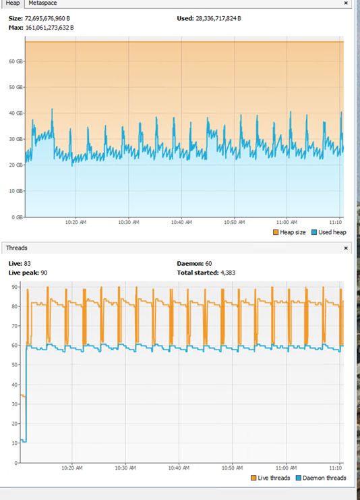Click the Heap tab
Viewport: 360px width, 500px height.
coord(12,3)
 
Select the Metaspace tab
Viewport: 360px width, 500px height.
coord(42,3)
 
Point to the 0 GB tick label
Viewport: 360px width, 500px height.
coord(16,217)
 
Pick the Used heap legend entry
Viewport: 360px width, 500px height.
coord(331,233)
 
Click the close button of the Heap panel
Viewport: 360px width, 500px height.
coord(347,3)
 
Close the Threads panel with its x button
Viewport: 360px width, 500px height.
coord(347,248)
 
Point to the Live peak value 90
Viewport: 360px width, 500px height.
coord(44,273)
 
